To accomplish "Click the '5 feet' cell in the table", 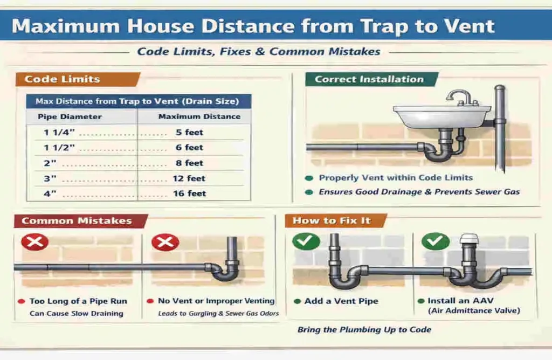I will point(189,132).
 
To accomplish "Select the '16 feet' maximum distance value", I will point(189,193).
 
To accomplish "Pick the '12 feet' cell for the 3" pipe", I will point(189,178).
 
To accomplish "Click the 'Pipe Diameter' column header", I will point(70,116).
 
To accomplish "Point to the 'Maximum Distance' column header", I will point(199,116).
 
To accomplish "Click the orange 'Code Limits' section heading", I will point(63,79).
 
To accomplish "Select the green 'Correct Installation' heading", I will point(369,79).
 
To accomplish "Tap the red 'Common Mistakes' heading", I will point(77,221).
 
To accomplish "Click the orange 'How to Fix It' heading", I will point(332,221).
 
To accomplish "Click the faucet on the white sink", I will point(459,97).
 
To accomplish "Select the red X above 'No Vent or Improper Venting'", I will point(165,242).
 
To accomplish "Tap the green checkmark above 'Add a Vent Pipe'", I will point(306,241).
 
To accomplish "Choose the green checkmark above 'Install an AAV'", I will point(435,241).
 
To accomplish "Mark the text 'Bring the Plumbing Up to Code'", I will point(364,330).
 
